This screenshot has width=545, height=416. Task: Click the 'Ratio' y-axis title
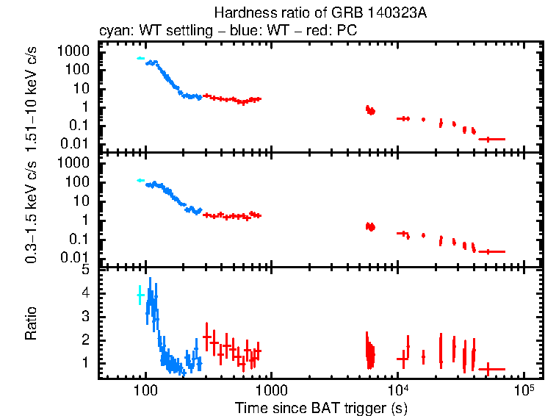[32, 323]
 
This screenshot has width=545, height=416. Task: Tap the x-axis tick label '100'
[145, 387]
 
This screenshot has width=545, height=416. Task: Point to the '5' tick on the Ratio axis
[85, 270]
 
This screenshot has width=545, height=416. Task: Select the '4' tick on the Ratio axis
[85, 293]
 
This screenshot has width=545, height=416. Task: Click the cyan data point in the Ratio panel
[140, 295]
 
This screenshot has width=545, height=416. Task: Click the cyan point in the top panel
[141, 58]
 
